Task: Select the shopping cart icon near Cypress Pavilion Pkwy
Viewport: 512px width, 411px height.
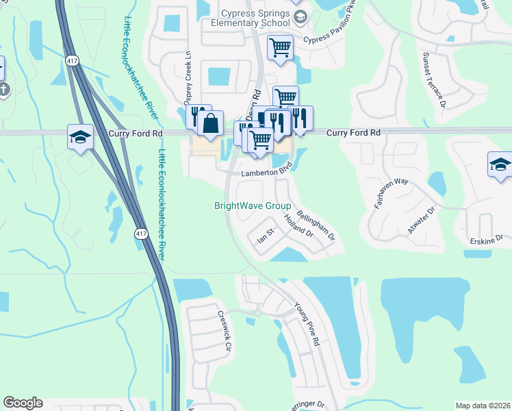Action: pos(279,47)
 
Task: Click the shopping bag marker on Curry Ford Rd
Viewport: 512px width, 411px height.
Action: pos(211,123)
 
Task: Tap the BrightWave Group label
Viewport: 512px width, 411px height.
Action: pos(253,206)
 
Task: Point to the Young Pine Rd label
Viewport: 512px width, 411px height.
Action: pos(307,323)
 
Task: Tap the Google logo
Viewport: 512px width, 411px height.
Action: pos(23,403)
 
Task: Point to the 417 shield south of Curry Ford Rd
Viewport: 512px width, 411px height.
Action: pos(141,234)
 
